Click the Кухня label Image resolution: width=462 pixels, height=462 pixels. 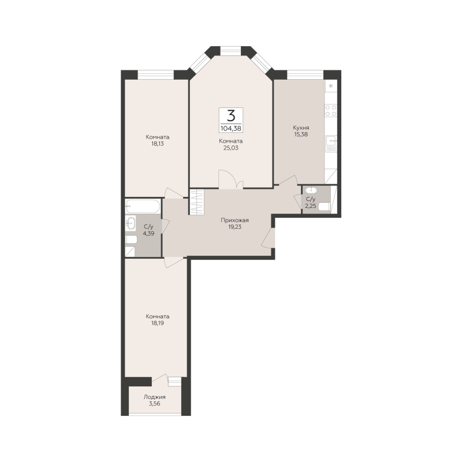coord(301,128)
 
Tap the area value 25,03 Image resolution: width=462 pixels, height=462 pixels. coord(230,148)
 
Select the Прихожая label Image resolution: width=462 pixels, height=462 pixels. coord(235,221)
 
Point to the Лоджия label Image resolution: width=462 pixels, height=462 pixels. coord(155,397)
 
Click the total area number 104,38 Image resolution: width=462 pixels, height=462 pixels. coord(230,128)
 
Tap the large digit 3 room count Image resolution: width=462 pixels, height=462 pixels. coord(231,116)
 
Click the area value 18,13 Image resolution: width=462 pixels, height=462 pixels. coord(158,144)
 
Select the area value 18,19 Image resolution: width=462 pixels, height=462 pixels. coord(158,323)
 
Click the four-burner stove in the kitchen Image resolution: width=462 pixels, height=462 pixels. coord(331,110)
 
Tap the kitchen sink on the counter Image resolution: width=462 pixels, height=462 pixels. coord(331,144)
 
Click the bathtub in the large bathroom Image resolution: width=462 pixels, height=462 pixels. coord(143,206)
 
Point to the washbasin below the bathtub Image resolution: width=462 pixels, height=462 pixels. coord(131,223)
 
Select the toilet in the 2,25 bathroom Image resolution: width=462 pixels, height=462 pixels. coord(325,207)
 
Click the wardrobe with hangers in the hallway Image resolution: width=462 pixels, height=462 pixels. coord(196,202)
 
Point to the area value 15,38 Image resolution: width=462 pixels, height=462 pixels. coord(301,135)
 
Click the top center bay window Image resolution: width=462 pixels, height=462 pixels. coord(230,51)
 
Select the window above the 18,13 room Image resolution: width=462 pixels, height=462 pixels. coord(156,74)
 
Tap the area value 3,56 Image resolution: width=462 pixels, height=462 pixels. coord(155,404)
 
